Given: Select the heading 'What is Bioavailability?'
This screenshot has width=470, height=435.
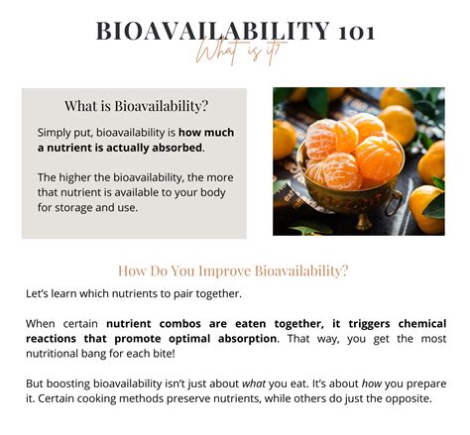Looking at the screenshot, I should pyautogui.click(x=135, y=106).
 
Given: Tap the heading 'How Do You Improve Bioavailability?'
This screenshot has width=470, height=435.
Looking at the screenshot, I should pyautogui.click(x=234, y=271).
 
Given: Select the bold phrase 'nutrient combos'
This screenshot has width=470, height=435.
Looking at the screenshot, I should pyautogui.click(x=158, y=323).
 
